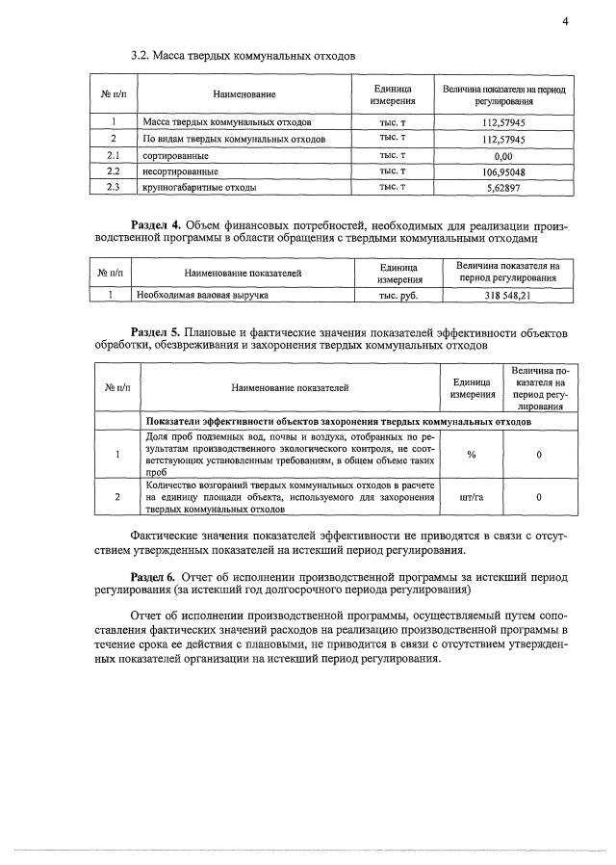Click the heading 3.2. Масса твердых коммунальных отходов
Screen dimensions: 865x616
click(243, 56)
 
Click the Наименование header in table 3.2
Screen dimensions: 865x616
click(244, 94)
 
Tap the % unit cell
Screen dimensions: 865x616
click(472, 455)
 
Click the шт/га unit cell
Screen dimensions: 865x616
click(472, 497)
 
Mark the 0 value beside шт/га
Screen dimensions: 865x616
click(539, 497)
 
